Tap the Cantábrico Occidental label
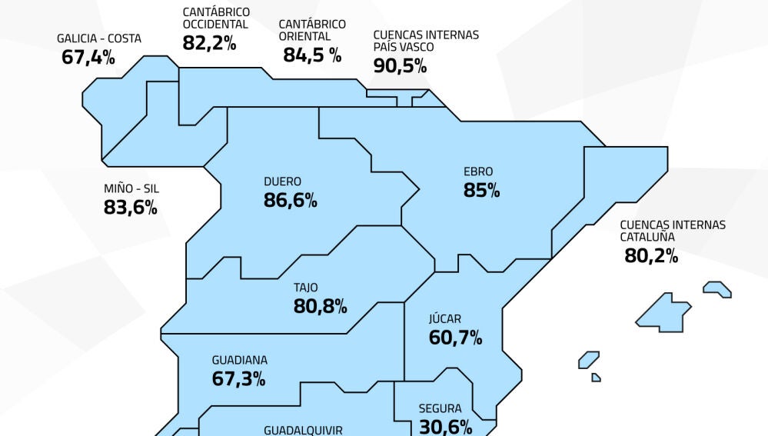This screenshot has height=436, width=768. (x=216, y=18)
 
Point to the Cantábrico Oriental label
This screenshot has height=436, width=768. (x=312, y=30)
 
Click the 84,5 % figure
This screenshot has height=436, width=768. (x=312, y=55)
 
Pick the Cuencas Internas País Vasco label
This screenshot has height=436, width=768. (x=425, y=41)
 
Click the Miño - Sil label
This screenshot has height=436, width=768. (x=131, y=188)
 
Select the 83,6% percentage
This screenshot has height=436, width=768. (x=131, y=207)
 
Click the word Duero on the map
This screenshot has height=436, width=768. (x=282, y=182)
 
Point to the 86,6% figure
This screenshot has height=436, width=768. (x=290, y=201)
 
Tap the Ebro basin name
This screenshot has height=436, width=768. (x=478, y=172)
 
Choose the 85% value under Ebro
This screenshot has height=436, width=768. (x=481, y=190)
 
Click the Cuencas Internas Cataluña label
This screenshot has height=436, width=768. (x=673, y=231)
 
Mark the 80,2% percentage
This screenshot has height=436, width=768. (x=651, y=255)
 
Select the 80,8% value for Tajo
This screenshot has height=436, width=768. (x=320, y=306)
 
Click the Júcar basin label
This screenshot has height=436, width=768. (x=444, y=318)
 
